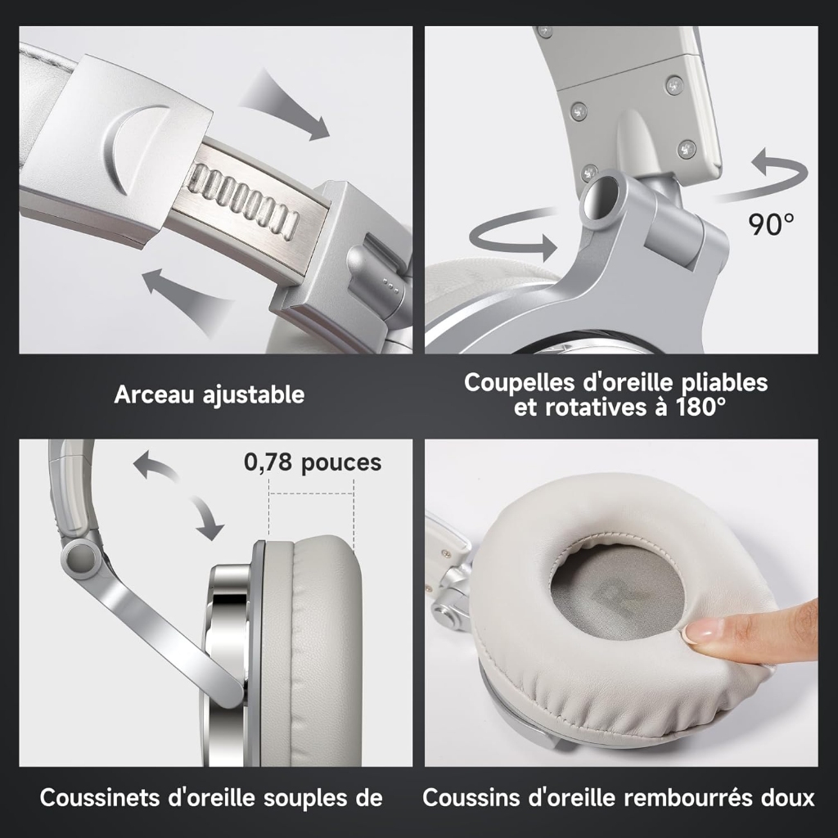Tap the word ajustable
point(254,396)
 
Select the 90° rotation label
point(771,224)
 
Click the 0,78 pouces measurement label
point(313,462)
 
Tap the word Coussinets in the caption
point(100,797)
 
